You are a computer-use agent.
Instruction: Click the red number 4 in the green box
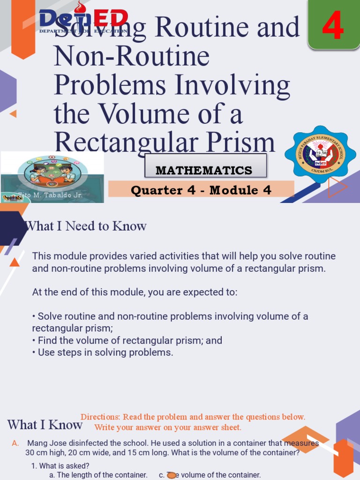coord(333,27)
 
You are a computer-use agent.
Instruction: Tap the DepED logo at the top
coord(83,20)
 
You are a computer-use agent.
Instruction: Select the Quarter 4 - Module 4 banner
coord(201,190)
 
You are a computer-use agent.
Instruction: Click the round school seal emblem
coord(320,153)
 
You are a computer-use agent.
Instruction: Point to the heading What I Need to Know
coord(86,226)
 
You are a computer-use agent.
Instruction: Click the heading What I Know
coord(45,425)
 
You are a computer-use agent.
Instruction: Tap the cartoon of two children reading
coord(52,173)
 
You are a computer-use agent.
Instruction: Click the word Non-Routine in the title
coord(132,56)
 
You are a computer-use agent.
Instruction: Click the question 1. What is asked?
coord(60,465)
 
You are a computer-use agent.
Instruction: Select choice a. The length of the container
coord(98,475)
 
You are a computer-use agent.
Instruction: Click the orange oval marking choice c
coord(172,475)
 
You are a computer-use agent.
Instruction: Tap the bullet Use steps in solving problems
coord(103,352)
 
